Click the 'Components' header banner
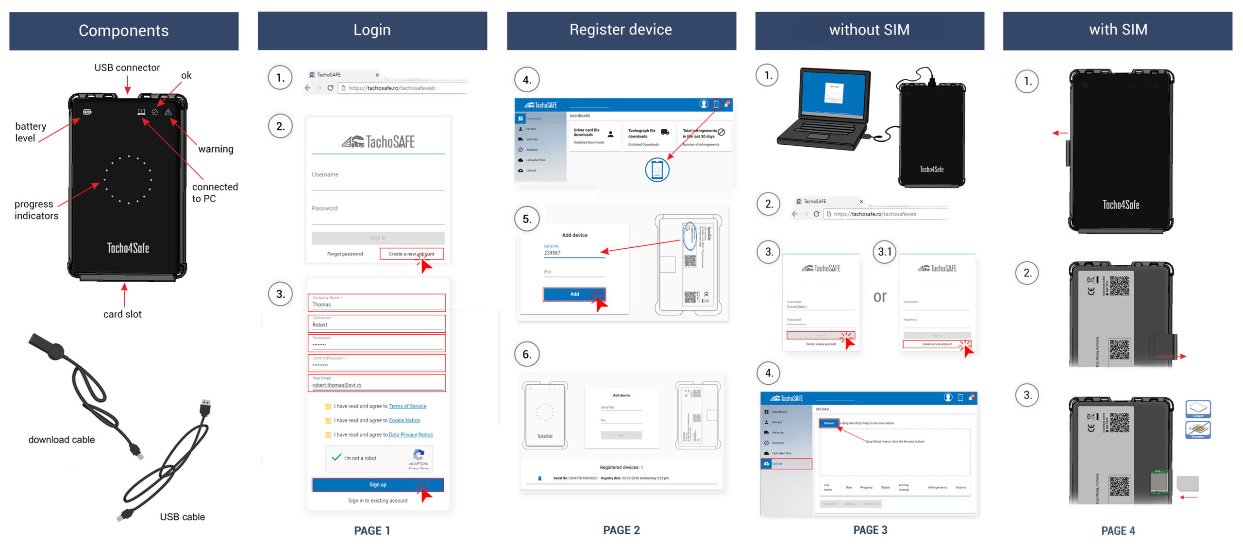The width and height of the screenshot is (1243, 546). tap(124, 31)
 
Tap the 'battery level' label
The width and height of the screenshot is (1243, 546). tap(31, 132)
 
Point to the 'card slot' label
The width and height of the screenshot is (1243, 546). tap(122, 314)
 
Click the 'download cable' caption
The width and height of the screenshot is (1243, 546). tap(62, 440)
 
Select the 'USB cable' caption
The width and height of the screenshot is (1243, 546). tap(182, 517)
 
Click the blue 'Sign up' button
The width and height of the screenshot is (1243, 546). tap(377, 485)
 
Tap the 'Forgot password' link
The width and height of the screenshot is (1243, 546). tap(345, 254)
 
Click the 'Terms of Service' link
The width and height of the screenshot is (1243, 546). tap(407, 406)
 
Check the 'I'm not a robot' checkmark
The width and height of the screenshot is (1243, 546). tap(336, 458)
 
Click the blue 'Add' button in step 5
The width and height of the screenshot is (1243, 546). tap(574, 294)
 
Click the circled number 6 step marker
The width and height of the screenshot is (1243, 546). tap(527, 355)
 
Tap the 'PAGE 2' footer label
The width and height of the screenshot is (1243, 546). tap(621, 530)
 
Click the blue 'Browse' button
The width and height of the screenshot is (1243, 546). tap(829, 423)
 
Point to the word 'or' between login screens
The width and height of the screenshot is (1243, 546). tap(880, 296)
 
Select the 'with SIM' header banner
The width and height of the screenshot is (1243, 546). tap(1118, 30)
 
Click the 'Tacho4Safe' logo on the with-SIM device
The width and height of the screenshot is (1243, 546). tap(1121, 205)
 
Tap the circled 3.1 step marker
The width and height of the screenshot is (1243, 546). tap(885, 252)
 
